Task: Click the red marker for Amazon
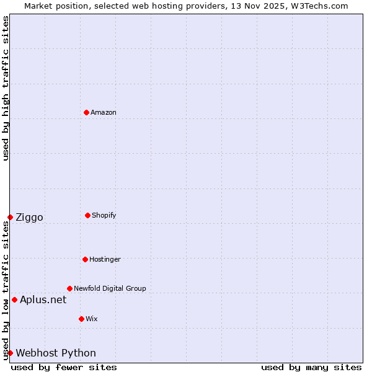click(x=86, y=112)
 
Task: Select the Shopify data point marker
click(x=87, y=215)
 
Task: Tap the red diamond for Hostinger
click(x=85, y=259)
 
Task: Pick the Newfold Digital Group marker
click(x=69, y=288)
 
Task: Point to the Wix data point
click(x=81, y=319)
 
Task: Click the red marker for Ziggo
click(x=10, y=217)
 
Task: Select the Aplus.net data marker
click(x=14, y=299)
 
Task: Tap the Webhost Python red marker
click(x=10, y=353)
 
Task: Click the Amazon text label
click(x=104, y=112)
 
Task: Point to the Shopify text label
click(x=104, y=215)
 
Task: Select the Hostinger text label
click(x=105, y=259)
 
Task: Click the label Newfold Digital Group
click(x=110, y=288)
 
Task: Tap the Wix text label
click(x=92, y=319)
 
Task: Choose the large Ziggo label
click(x=29, y=217)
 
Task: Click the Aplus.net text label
click(x=43, y=299)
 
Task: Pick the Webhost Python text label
click(x=56, y=353)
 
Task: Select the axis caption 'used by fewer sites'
click(x=64, y=367)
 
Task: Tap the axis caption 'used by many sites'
click(x=311, y=367)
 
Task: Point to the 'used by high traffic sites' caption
click(x=6, y=88)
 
